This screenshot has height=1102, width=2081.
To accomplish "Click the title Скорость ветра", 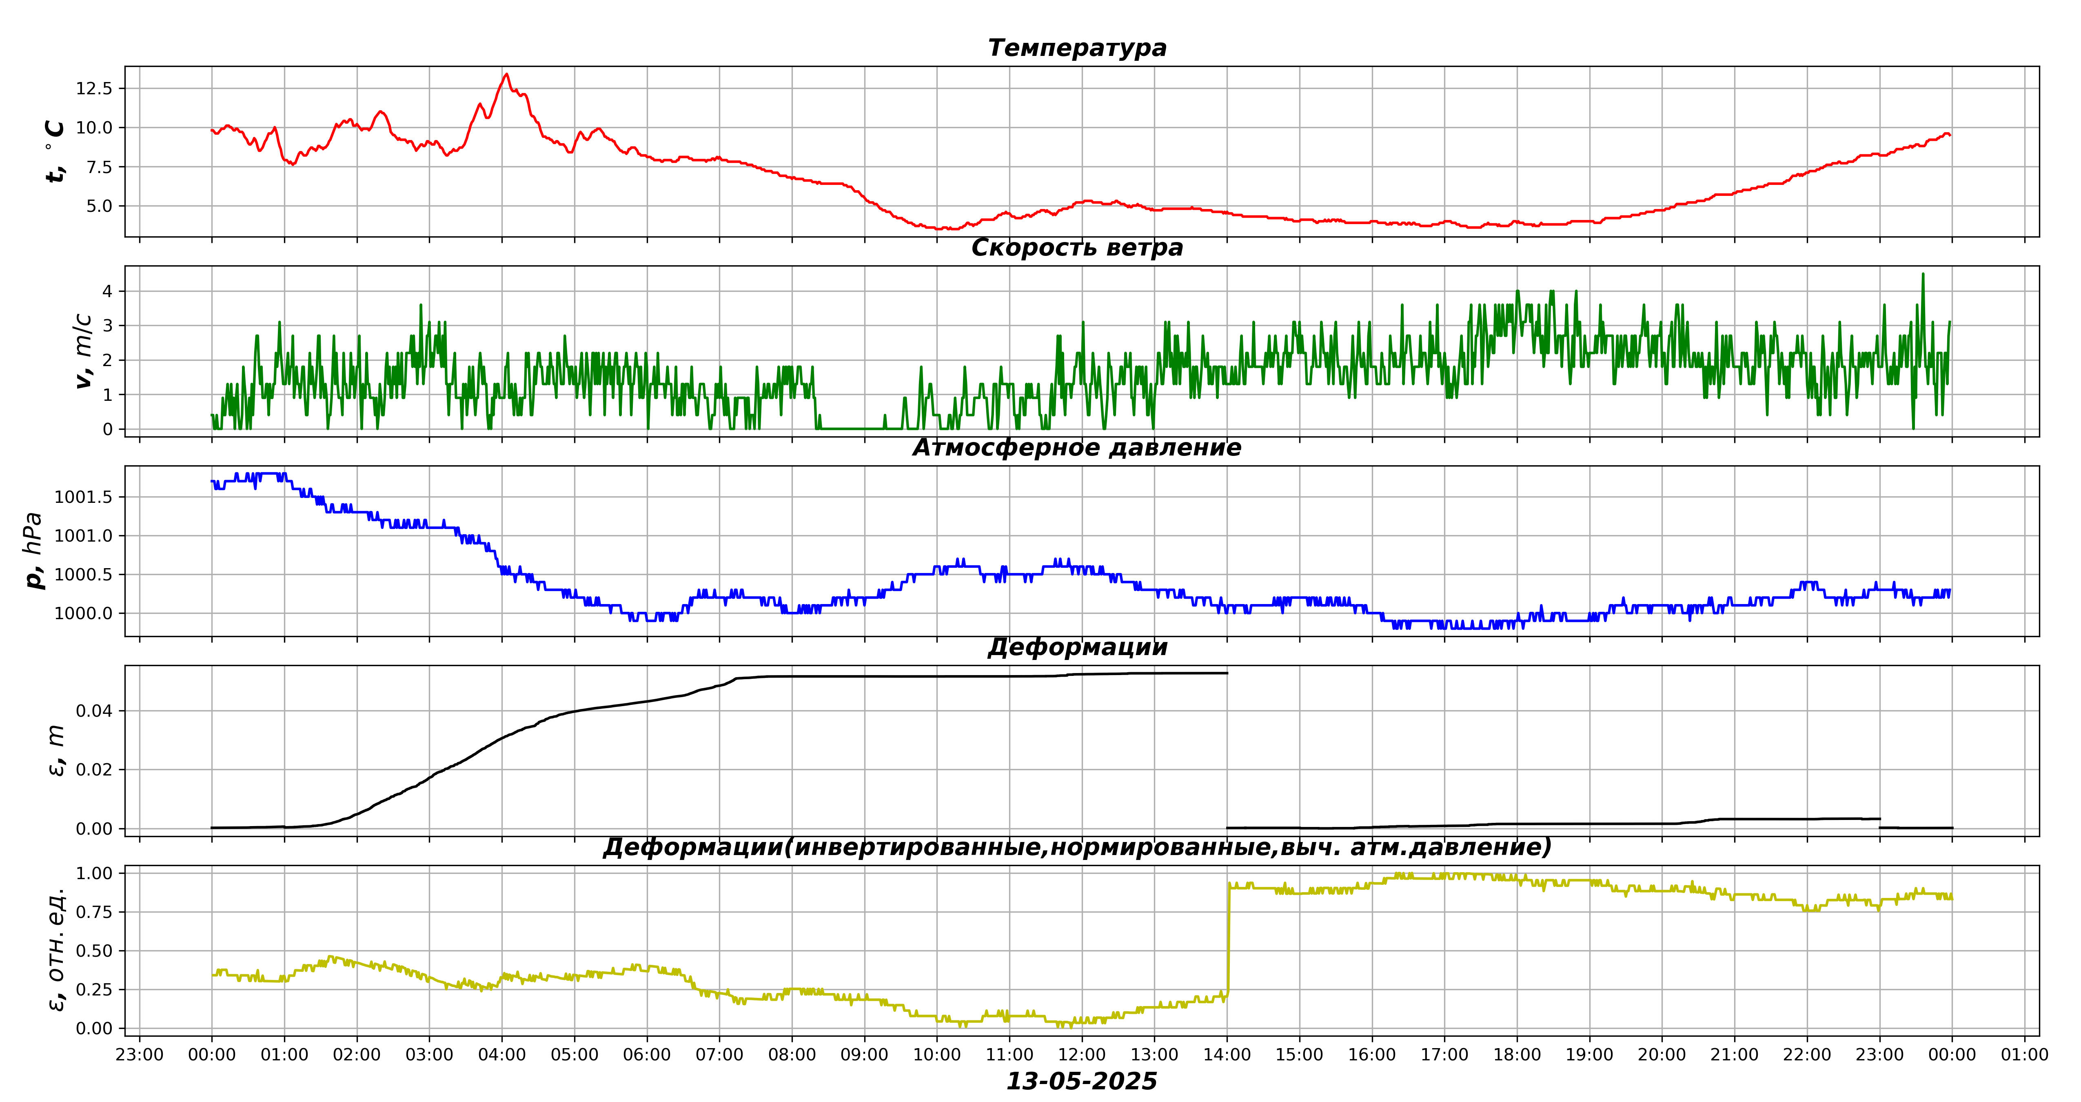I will point(1077,248).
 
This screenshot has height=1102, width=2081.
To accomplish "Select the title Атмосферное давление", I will point(1077,448).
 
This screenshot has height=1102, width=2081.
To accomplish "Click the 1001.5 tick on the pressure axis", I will point(83,497).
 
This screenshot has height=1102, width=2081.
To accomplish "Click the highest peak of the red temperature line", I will point(506,74).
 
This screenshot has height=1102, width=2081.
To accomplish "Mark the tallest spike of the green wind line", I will point(1923,274).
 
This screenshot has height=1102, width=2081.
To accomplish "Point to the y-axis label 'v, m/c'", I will point(83,351).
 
